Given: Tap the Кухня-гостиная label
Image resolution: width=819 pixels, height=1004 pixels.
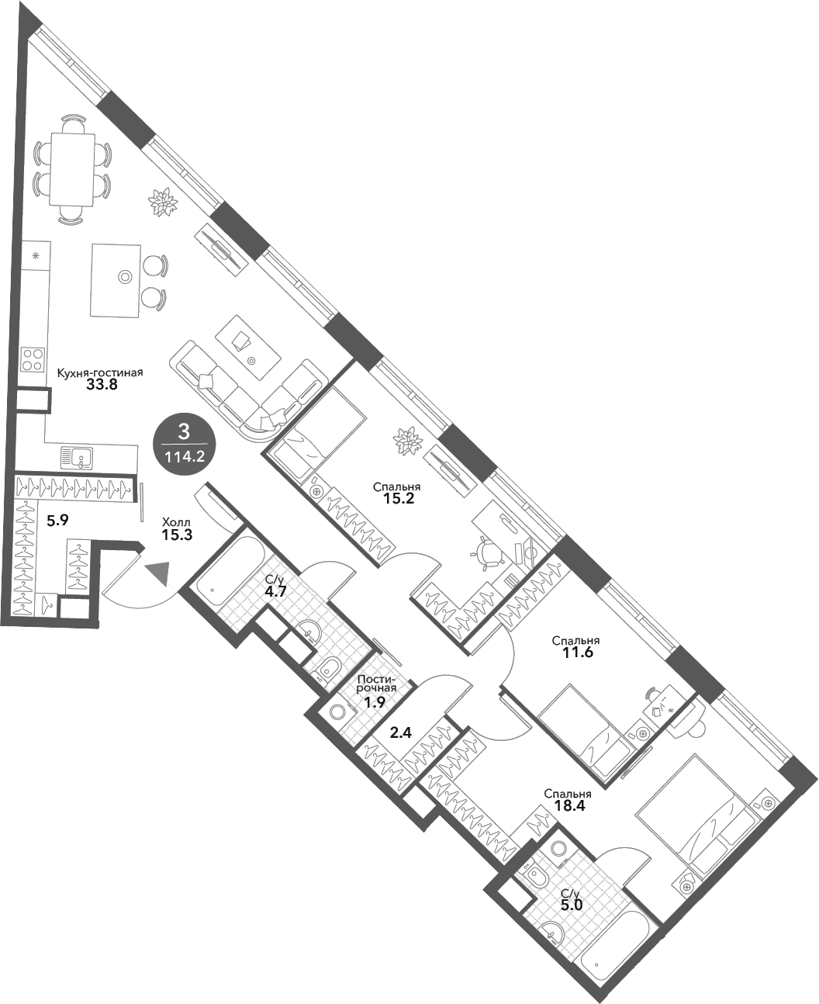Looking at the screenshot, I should click(x=100, y=373).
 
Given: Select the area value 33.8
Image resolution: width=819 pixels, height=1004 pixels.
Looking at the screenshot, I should click(x=102, y=386).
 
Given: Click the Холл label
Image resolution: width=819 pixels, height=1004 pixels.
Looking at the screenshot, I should click(x=176, y=522).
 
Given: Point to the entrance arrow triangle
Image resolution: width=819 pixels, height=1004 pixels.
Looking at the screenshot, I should click(x=159, y=572).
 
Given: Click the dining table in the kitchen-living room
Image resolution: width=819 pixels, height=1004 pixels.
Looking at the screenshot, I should click(x=73, y=169).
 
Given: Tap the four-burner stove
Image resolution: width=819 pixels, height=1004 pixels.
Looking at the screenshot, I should click(x=33, y=359).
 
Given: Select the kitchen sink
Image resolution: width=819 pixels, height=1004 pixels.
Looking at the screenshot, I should click(x=78, y=459).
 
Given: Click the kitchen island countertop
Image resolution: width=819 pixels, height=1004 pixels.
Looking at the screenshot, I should click(x=116, y=279).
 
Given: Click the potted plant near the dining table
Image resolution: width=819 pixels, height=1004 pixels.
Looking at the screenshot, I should click(x=164, y=203).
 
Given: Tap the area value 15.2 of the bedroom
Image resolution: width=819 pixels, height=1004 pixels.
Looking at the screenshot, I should click(x=399, y=499).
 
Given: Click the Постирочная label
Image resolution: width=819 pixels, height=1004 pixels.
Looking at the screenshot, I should click(x=377, y=684).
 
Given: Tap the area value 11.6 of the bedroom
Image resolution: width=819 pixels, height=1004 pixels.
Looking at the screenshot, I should click(x=575, y=653).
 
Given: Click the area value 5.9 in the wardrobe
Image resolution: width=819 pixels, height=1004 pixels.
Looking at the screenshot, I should click(x=57, y=521).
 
